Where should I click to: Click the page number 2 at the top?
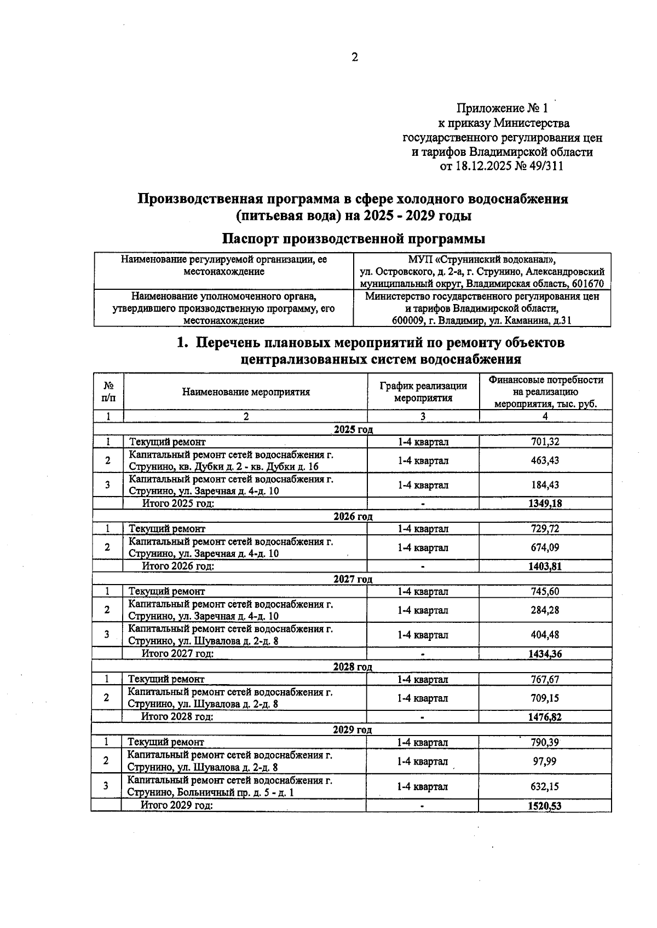[354, 57]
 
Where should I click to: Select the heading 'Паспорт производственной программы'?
[354, 239]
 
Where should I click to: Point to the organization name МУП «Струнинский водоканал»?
[482, 259]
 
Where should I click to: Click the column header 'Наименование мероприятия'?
[246, 392]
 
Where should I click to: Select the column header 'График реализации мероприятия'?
[423, 392]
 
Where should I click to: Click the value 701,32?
[545, 442]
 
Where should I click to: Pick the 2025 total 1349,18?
[545, 504]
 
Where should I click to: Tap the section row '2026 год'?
[353, 516]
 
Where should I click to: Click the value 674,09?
[545, 547]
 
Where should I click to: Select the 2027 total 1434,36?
[545, 653]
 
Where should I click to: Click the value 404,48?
[545, 635]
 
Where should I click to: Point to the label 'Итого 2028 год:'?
[177, 716]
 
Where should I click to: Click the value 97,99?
[545, 761]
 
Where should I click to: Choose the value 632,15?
[545, 786]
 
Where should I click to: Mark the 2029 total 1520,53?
[545, 806]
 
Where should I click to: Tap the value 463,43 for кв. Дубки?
[545, 460]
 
